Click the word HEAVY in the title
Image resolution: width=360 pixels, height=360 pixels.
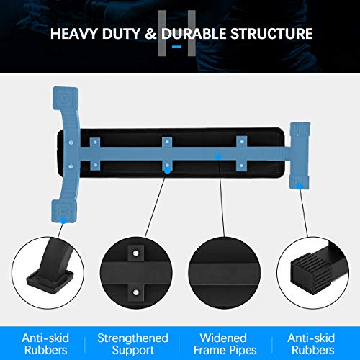tap(74, 34)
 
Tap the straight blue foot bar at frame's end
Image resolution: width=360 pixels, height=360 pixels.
tap(298, 155)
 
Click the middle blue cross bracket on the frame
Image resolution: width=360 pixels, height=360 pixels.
tap(168, 154)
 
